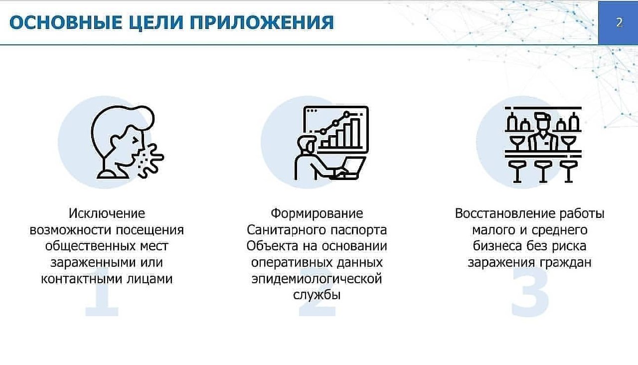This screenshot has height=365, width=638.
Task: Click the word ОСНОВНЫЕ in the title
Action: (x=66, y=22)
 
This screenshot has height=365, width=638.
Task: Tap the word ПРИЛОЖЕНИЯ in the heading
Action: (x=262, y=22)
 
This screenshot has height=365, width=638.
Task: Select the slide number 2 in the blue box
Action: (x=619, y=22)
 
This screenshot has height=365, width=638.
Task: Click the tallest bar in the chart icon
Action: (x=355, y=133)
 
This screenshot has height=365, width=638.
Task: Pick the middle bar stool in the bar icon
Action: (x=543, y=171)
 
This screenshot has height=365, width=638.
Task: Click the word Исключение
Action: (x=107, y=213)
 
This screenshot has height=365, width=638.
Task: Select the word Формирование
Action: (x=317, y=213)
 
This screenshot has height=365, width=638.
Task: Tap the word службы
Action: (x=317, y=295)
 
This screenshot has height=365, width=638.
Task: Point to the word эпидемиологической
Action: (x=317, y=279)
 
